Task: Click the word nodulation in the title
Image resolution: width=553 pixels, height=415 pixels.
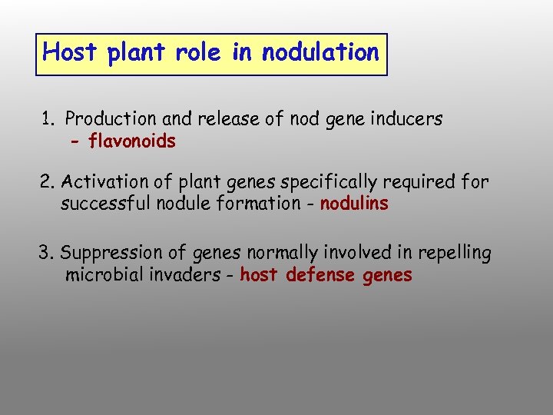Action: (320, 52)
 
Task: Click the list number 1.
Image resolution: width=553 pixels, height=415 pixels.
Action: (48, 119)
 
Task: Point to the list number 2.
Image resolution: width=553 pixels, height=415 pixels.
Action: (47, 182)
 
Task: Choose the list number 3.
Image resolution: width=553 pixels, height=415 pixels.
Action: (46, 253)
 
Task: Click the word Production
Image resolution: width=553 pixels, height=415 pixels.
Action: (109, 119)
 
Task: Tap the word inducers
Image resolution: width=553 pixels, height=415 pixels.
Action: (407, 119)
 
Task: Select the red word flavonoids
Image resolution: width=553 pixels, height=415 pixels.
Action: (132, 141)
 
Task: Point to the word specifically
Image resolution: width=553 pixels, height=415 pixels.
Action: (336, 182)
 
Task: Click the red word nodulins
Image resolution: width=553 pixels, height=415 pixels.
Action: (354, 204)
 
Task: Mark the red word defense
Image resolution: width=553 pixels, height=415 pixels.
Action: (323, 275)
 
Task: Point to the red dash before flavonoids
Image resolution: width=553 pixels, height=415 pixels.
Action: (75, 142)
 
